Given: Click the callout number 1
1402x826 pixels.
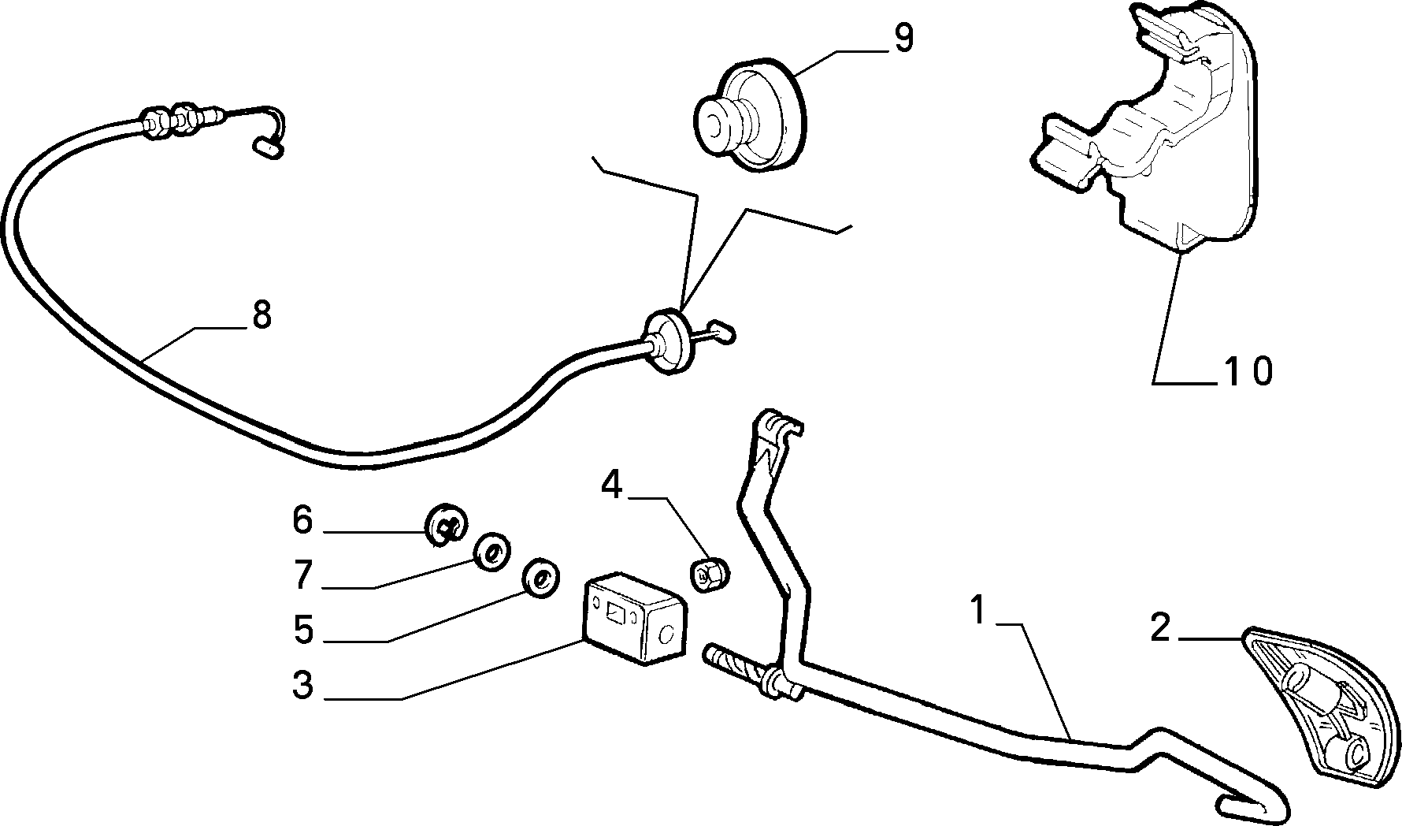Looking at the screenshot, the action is [978, 611].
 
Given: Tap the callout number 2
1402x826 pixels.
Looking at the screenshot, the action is [1159, 628].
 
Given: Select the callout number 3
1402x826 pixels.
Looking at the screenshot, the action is [302, 685].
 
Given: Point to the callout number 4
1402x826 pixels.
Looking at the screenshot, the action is [611, 486].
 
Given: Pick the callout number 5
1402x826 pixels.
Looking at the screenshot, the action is [303, 630].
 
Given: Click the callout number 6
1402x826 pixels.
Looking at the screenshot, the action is [302, 520].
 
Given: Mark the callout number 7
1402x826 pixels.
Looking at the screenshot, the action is [303, 575].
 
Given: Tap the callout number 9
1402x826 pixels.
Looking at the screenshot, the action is [903, 39].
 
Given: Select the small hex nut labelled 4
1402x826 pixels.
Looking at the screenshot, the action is [709, 574].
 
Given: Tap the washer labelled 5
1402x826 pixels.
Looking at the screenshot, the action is [541, 577].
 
